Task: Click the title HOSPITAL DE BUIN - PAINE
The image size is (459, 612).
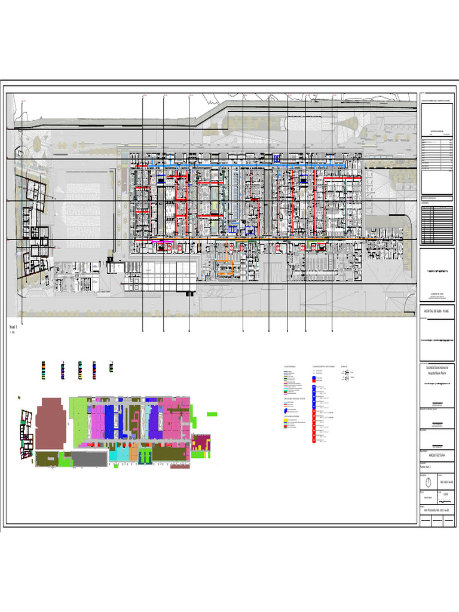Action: (436, 311)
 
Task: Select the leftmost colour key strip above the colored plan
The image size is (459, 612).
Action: (42, 369)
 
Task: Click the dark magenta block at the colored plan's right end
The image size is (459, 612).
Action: (203, 443)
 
